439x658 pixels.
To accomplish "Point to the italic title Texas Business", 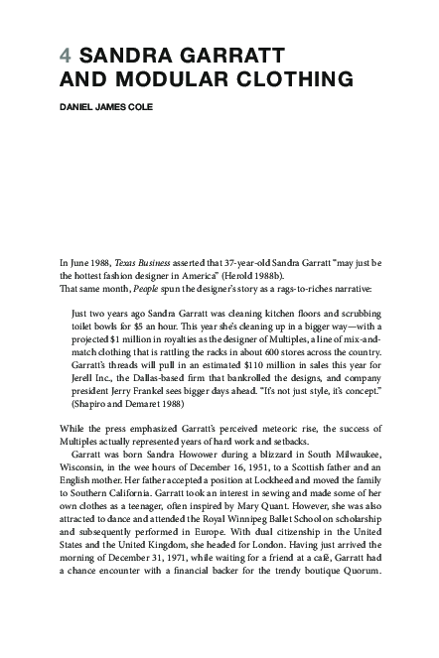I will pos(143,261).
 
